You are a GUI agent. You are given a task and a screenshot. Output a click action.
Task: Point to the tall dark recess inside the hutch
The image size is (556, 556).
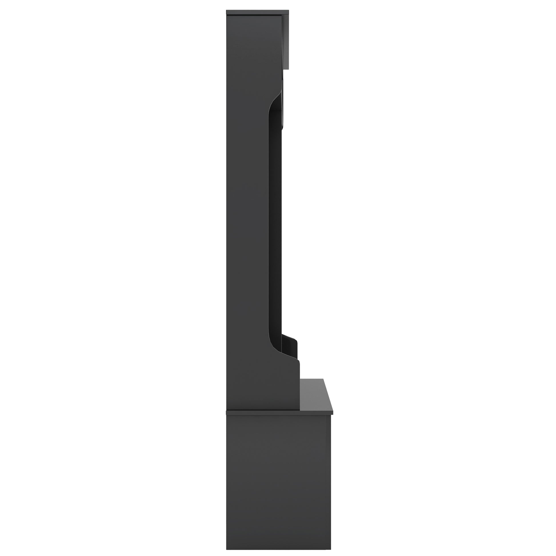tap(275, 225)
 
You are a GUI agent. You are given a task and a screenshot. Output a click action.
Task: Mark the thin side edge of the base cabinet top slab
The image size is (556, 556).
tap(279, 413)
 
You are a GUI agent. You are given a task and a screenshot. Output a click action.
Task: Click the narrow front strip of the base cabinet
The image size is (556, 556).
tap(329, 475)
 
